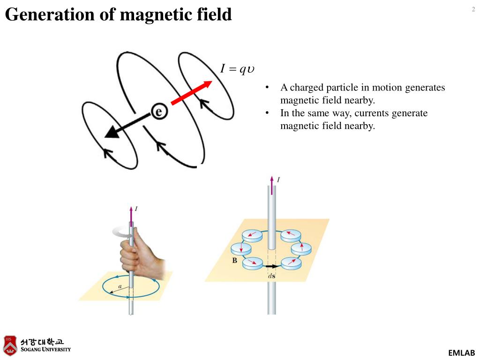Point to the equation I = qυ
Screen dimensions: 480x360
pyautogui.click(x=237, y=69)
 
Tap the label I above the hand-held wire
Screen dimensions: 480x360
pyautogui.click(x=136, y=209)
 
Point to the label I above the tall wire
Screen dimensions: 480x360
pyautogui.click(x=278, y=180)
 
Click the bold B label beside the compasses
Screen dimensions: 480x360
pyautogui.click(x=234, y=261)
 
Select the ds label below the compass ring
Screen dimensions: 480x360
pyautogui.click(x=271, y=276)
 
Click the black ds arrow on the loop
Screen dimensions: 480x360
pyautogui.click(x=271, y=266)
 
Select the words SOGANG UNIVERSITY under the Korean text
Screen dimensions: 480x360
pyautogui.click(x=45, y=349)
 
